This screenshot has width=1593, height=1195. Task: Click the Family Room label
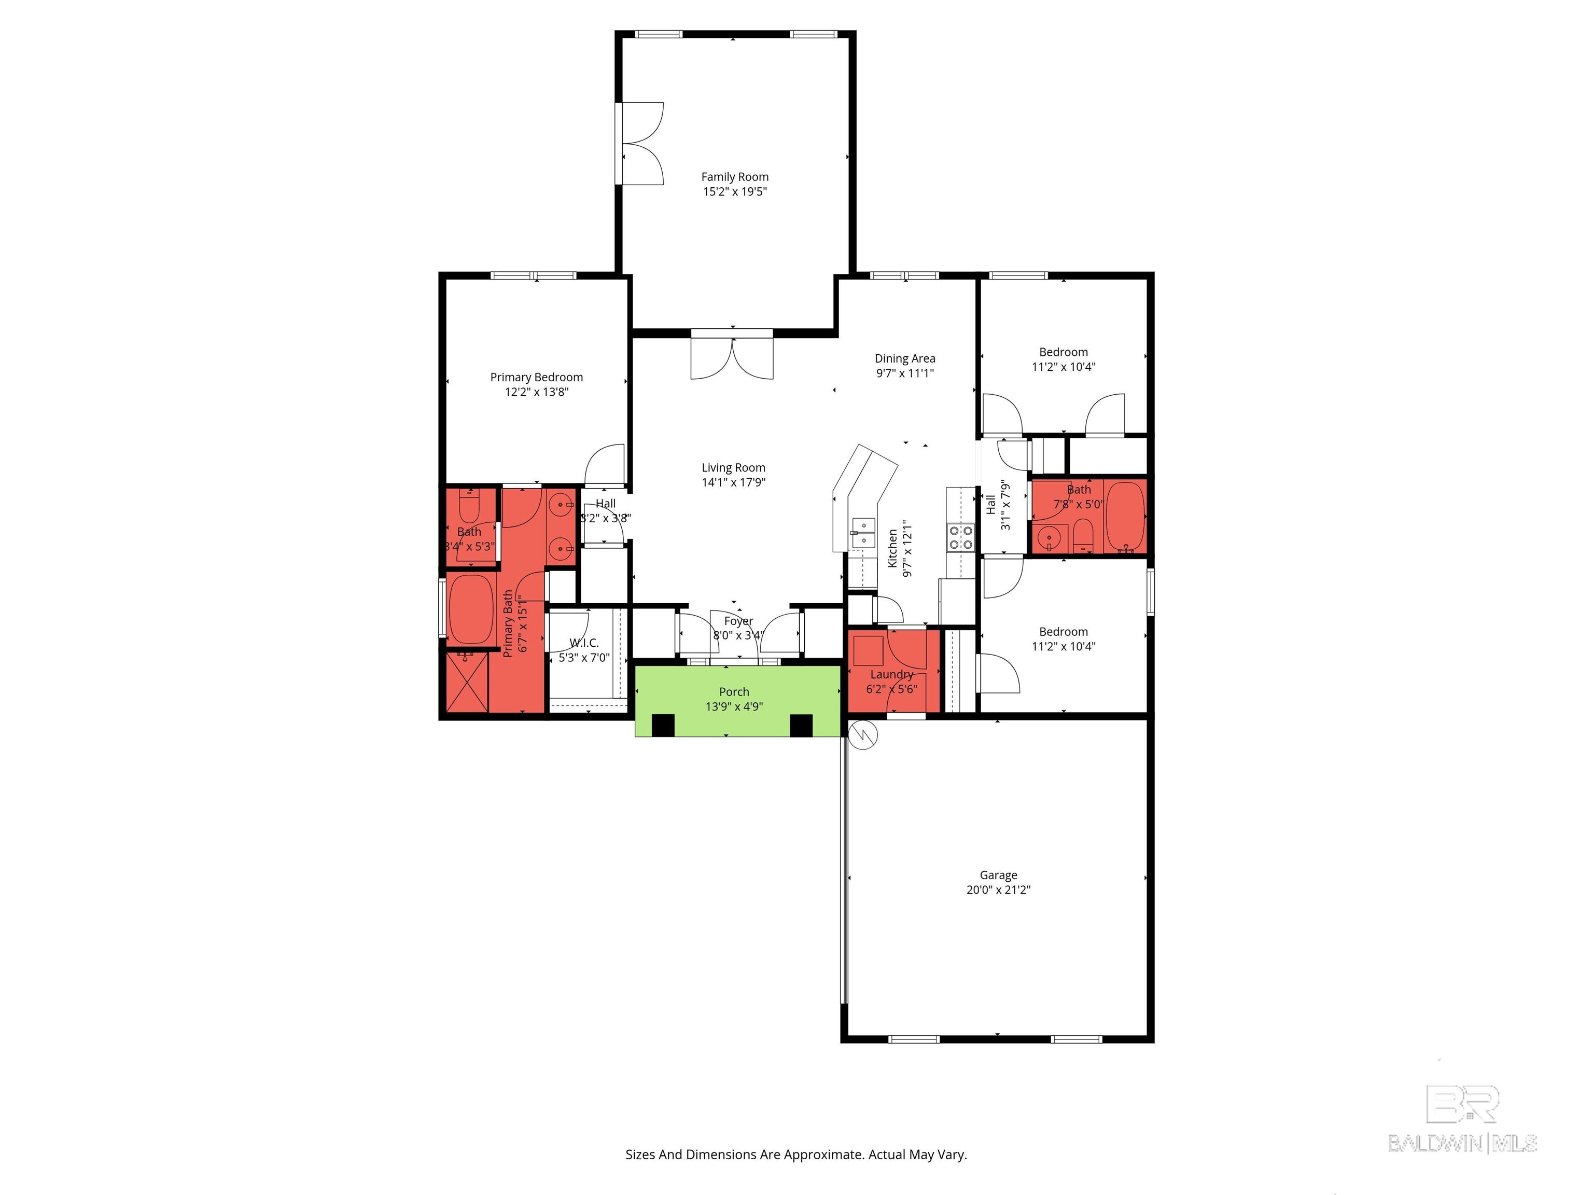coord(735,176)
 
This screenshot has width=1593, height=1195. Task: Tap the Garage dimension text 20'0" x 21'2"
coord(998,890)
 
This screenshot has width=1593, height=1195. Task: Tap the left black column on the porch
coord(663,726)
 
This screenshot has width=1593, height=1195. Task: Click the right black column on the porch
coord(802,726)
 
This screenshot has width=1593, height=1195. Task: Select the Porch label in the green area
coord(734,691)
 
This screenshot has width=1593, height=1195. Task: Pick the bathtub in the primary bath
coord(471,609)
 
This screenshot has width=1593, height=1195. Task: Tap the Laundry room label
coord(891,674)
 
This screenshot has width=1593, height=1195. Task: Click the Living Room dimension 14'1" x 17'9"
coord(734,482)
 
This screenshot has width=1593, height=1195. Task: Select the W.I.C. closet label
coord(584,643)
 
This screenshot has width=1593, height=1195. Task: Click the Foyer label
coord(739,621)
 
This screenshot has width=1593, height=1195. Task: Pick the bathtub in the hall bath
coord(1125,517)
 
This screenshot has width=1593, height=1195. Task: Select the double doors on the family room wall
coord(639,143)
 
